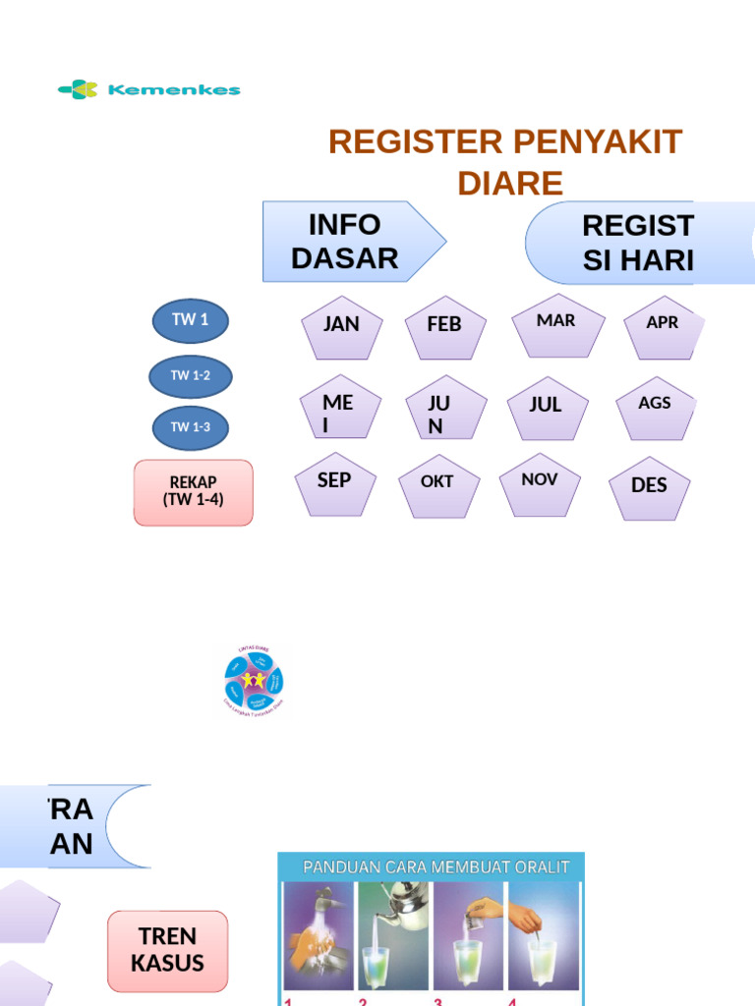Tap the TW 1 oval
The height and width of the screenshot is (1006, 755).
(x=191, y=320)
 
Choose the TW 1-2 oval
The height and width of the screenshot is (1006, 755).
(x=191, y=375)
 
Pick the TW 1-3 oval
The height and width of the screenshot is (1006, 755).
(x=191, y=427)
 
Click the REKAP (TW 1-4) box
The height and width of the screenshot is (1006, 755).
(x=193, y=491)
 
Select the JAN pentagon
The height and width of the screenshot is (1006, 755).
(x=341, y=326)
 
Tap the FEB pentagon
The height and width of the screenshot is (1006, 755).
(x=444, y=326)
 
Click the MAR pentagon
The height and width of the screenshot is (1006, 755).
(x=556, y=324)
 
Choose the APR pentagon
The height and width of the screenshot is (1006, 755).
(x=664, y=325)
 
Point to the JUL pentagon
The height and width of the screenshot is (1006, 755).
(x=547, y=406)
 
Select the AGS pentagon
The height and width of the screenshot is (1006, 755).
(x=656, y=407)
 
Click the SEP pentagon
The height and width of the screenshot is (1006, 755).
(x=335, y=483)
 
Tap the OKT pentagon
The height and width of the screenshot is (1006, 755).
(x=438, y=485)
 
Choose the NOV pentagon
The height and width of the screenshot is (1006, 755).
(x=541, y=482)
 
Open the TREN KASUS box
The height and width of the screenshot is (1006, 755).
(x=167, y=950)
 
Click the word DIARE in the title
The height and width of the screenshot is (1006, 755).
(x=510, y=183)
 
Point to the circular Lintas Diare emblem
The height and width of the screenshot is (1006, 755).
(x=254, y=681)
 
